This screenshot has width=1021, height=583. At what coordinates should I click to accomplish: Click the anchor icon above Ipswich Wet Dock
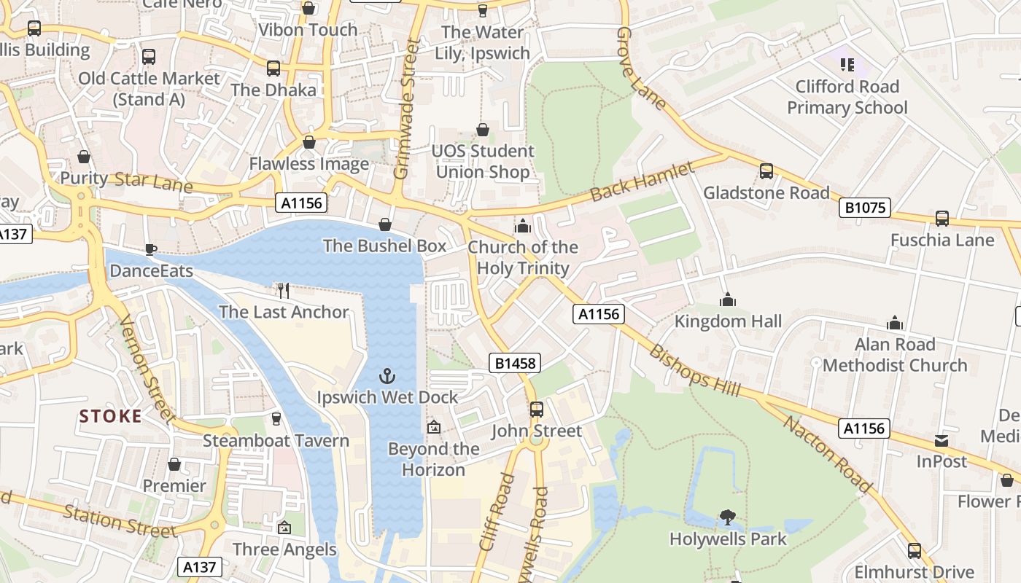pos(387,376)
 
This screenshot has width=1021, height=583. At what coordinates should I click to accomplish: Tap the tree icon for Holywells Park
pos(727,517)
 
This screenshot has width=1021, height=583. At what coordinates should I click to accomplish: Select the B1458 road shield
pos(515,363)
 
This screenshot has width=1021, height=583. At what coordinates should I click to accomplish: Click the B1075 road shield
pos(865,208)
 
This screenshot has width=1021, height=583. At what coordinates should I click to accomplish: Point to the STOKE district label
pos(111,416)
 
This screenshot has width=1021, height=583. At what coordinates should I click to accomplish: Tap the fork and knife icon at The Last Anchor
pos(284,291)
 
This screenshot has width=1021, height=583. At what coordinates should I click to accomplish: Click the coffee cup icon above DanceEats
pos(151,250)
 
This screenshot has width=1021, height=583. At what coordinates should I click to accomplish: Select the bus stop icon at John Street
pos(537,410)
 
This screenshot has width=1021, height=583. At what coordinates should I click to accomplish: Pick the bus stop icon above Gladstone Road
pos(766,171)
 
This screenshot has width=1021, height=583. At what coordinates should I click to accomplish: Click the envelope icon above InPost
pos(942,441)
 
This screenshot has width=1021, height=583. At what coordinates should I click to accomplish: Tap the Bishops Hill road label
pos(694,370)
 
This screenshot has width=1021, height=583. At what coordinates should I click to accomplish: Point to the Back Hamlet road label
pos(642,182)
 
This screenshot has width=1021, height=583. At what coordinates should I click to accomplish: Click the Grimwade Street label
pos(403,109)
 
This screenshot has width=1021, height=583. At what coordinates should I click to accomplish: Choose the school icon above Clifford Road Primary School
pos(847,65)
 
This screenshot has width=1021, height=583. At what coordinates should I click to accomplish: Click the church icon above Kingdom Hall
pos(727,300)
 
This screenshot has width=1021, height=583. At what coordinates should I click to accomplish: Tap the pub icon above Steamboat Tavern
pos(276,419)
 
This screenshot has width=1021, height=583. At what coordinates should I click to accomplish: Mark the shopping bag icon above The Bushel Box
pos(384,224)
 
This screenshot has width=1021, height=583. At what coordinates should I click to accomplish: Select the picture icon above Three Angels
pos(284,528)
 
